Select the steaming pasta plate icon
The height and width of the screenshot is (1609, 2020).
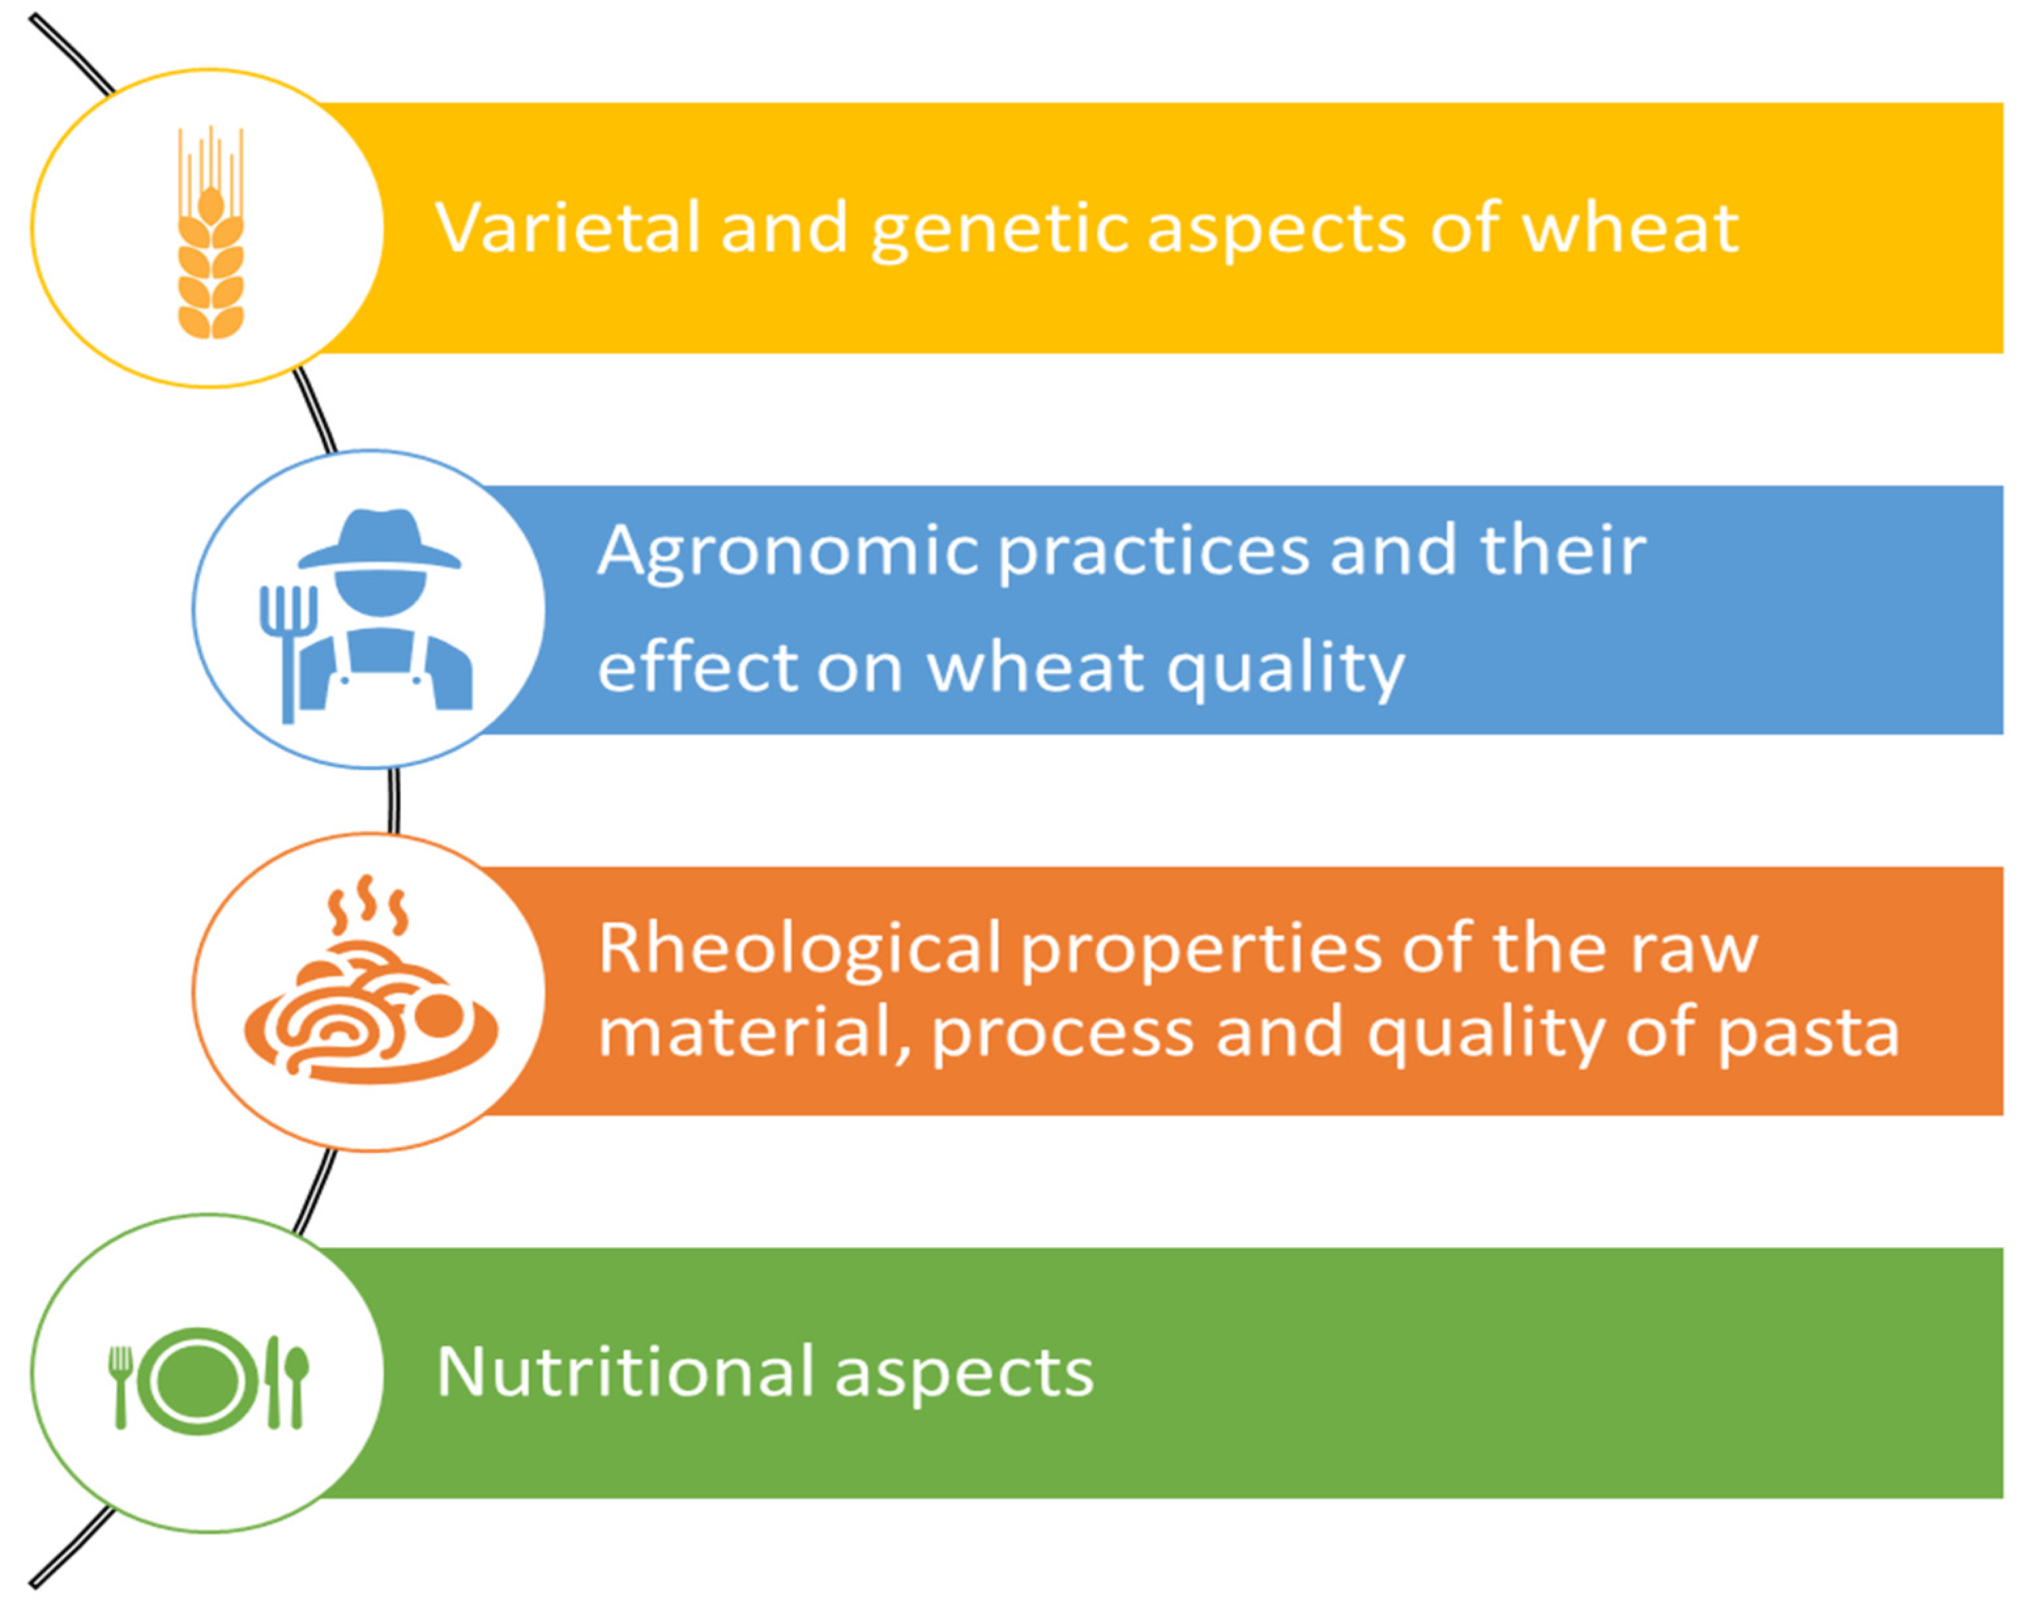[x=371, y=980]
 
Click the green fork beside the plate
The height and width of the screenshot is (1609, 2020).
[x=121, y=1387]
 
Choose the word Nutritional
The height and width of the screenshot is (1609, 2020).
[x=626, y=1373]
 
